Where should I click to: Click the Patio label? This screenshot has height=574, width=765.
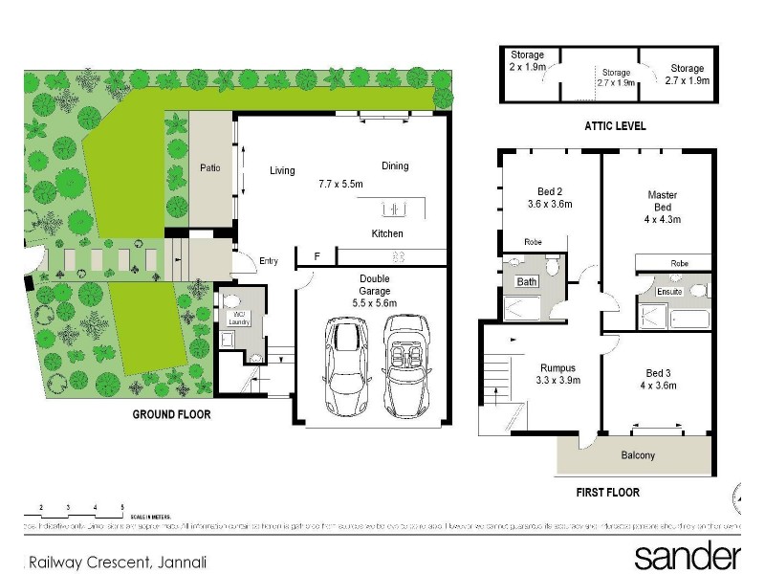click(210, 168)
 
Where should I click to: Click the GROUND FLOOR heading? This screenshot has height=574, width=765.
click(171, 415)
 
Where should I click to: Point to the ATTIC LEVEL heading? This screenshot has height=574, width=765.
click(616, 125)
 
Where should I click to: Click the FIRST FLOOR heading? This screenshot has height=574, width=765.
click(607, 493)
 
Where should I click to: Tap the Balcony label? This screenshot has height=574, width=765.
click(638, 455)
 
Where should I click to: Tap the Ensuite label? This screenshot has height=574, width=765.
click(670, 292)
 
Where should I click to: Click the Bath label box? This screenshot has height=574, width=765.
click(527, 282)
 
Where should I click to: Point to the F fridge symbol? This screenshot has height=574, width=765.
click(317, 256)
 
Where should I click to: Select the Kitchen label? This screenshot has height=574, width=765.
click(387, 233)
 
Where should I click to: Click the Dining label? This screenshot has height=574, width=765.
click(395, 166)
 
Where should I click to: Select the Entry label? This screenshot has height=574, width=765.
click(269, 261)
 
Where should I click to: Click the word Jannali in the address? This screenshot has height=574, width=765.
click(181, 563)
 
